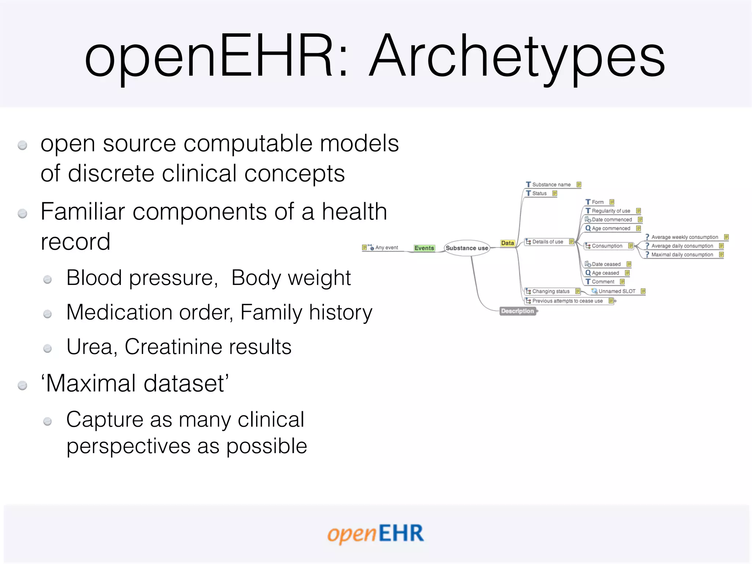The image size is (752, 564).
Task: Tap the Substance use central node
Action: tap(467, 248)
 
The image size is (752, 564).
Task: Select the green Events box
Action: tap(424, 248)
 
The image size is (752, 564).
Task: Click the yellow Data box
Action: tap(507, 243)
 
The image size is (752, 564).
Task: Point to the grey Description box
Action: tap(517, 311)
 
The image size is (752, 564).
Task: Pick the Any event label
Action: tap(386, 248)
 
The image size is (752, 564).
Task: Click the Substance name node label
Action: tap(551, 185)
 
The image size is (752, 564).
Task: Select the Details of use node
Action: tap(547, 242)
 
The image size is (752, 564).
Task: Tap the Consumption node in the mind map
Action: tap(607, 246)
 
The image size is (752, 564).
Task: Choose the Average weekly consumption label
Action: tap(684, 237)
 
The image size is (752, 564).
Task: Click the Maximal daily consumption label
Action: tap(682, 255)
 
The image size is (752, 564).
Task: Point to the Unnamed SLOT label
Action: tap(617, 292)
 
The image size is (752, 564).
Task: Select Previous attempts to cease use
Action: tap(567, 301)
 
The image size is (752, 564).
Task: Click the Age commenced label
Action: tap(611, 228)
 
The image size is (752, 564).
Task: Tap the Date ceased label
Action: tap(606, 264)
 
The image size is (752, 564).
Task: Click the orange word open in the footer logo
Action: tap(352, 534)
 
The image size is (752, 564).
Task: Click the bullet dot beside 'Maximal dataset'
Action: tap(23, 385)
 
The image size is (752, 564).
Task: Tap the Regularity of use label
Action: tap(611, 211)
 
